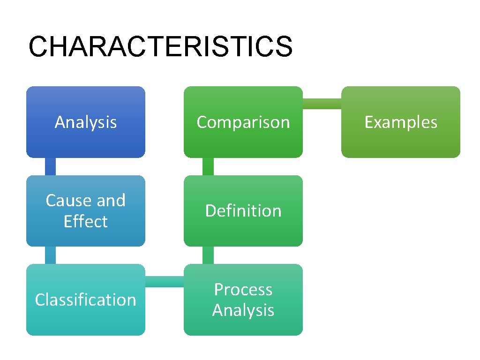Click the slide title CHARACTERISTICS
pyautogui.click(x=160, y=47)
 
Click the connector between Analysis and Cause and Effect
pyautogui.click(x=50, y=166)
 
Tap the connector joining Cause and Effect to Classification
pyautogui.click(x=50, y=255)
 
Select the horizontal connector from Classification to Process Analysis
pyautogui.click(x=164, y=281)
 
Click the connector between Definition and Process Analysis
pyautogui.click(x=208, y=255)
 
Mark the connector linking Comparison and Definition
pyautogui.click(x=208, y=166)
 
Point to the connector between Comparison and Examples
pyautogui.click(x=322, y=104)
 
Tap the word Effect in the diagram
pyautogui.click(x=85, y=221)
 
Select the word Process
pyautogui.click(x=243, y=290)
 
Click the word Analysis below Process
pyautogui.click(x=243, y=310)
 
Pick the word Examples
pyautogui.click(x=401, y=122)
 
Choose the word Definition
pyautogui.click(x=243, y=211)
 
